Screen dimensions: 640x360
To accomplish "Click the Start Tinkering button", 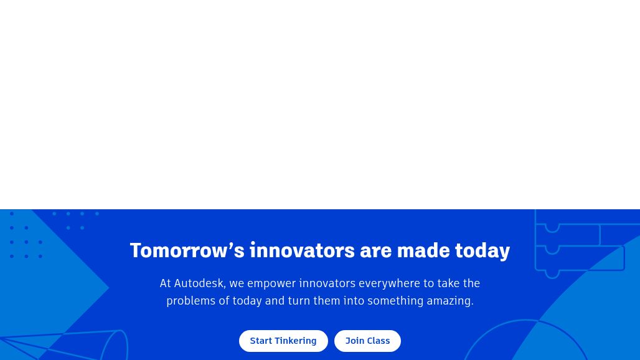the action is pyautogui.click(x=283, y=341).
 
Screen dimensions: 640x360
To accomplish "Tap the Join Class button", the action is pyautogui.click(x=367, y=341).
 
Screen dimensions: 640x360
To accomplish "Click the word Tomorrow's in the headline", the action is pyautogui.click(x=187, y=250).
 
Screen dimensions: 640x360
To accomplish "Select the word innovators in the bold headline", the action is pyautogui.click(x=302, y=250).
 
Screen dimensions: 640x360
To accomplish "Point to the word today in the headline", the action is pyautogui.click(x=482, y=251).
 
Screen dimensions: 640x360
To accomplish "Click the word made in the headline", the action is pyautogui.click(x=423, y=250).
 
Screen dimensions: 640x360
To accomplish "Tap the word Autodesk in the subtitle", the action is pyautogui.click(x=200, y=283).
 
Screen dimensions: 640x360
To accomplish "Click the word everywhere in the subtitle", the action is pyautogui.click(x=389, y=284).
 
